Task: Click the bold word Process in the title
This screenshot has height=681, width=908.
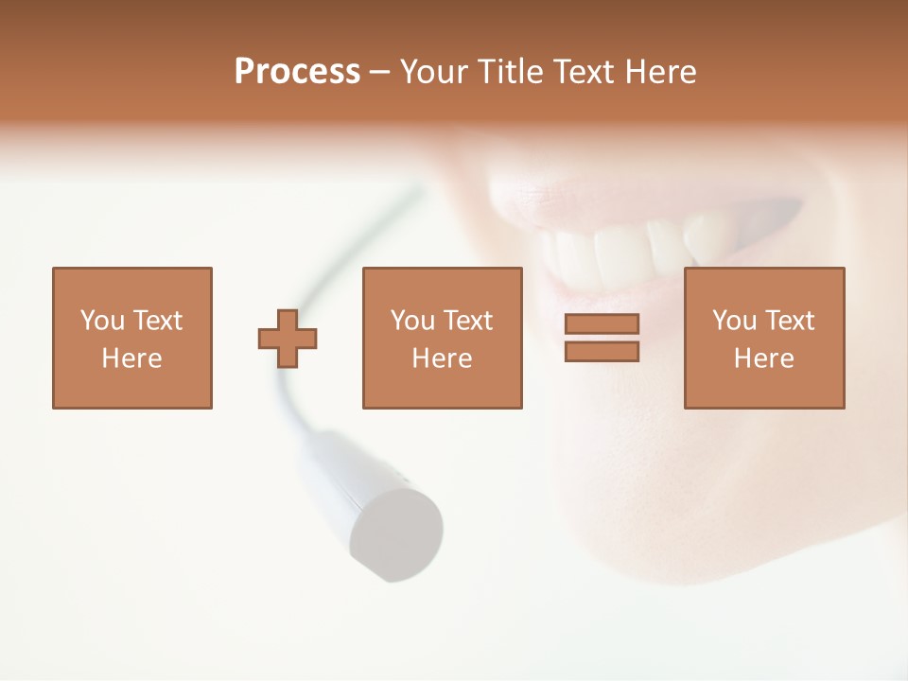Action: click(297, 72)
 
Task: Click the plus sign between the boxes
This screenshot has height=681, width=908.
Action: click(288, 339)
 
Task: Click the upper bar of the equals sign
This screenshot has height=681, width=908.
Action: click(602, 324)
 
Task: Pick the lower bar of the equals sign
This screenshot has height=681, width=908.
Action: click(602, 352)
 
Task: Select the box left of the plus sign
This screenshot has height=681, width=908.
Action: click(132, 338)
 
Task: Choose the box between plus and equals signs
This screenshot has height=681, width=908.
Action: click(442, 338)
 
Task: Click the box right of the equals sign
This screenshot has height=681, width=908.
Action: click(764, 338)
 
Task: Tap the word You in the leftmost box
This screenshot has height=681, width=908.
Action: click(102, 321)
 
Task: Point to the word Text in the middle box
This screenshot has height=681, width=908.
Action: click(468, 321)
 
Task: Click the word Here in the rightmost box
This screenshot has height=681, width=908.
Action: click(764, 358)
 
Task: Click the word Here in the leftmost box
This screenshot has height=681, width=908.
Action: click(132, 358)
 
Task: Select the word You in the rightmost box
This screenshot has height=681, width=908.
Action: click(734, 321)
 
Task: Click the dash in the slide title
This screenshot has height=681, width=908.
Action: click(380, 73)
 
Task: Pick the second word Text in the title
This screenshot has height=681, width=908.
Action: click(585, 72)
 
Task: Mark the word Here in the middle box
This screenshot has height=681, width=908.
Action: click(442, 358)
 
